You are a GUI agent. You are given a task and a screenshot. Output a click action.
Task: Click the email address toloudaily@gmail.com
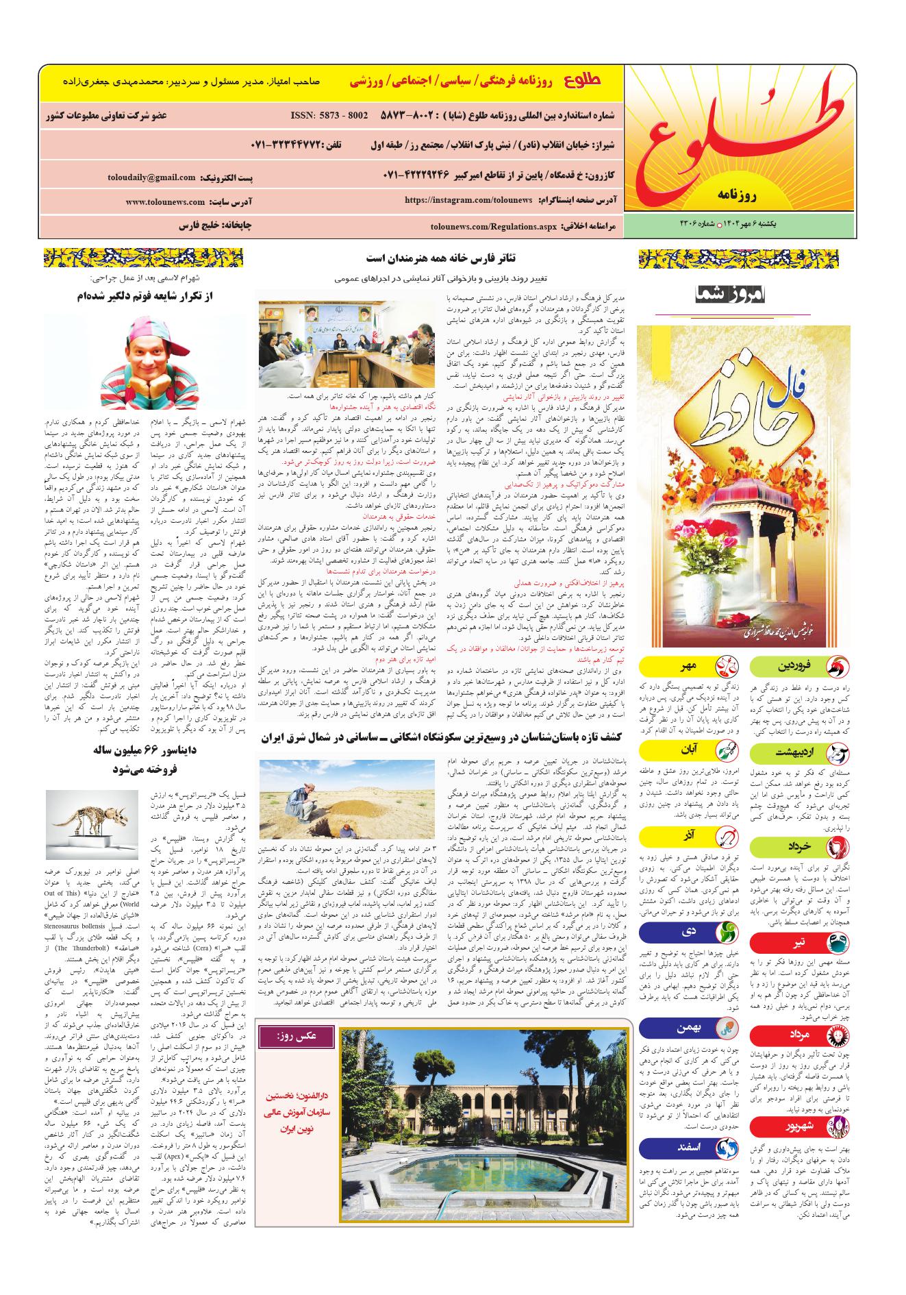click(151, 177)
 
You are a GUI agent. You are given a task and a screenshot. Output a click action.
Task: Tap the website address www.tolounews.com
click(165, 202)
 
